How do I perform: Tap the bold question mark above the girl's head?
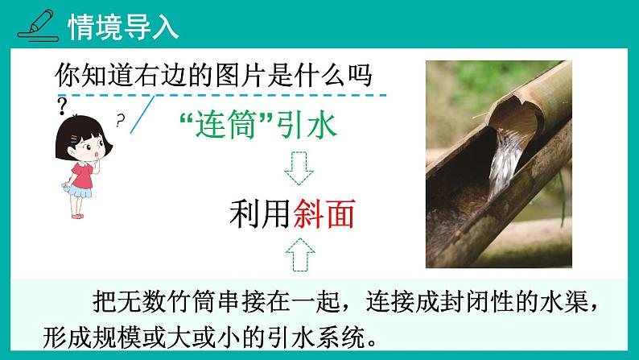tap(63, 105)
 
